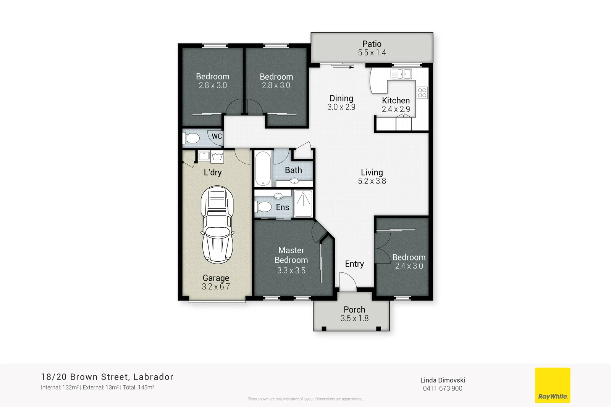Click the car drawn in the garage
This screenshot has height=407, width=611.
pyautogui.click(x=217, y=225)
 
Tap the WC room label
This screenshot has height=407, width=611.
pyautogui.click(x=217, y=136)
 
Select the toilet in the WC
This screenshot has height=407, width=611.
pyautogui.click(x=191, y=138)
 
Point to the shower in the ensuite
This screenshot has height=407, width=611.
pyautogui.click(x=304, y=204)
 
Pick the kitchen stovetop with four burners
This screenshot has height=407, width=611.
pyautogui.click(x=422, y=93)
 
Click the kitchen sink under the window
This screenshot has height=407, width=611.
pyautogui.click(x=401, y=74)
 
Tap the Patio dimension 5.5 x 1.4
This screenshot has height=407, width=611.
pyautogui.click(x=372, y=53)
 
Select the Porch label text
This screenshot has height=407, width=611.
pyautogui.click(x=354, y=309)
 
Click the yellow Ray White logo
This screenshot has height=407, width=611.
pyautogui.click(x=552, y=385)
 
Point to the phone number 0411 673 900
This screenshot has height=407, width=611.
pyautogui.click(x=442, y=388)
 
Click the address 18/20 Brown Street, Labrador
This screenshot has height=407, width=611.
pyautogui.click(x=107, y=377)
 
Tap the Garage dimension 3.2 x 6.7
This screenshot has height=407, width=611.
pyautogui.click(x=216, y=287)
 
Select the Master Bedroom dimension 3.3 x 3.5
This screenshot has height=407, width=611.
pyautogui.click(x=291, y=270)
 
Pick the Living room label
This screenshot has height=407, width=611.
pyautogui.click(x=372, y=172)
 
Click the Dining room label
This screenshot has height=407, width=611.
pyautogui.click(x=341, y=98)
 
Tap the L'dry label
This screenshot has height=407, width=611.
pyautogui.click(x=213, y=172)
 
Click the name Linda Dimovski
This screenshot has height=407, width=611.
pyautogui.click(x=442, y=380)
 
